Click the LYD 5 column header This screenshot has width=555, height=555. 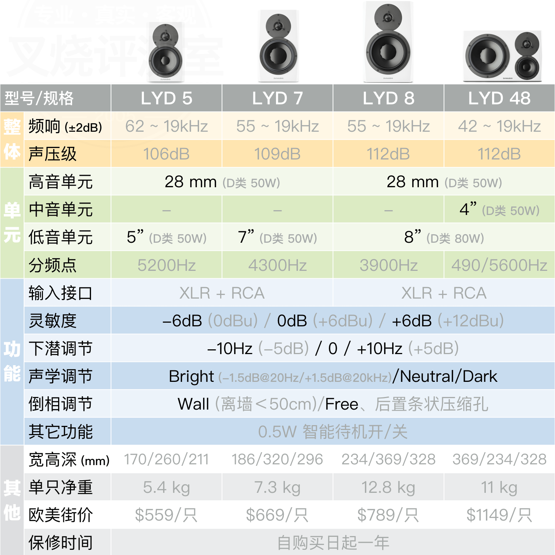point(166,98)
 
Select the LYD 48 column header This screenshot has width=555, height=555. point(499,98)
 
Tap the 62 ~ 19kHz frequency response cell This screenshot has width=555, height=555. point(166,126)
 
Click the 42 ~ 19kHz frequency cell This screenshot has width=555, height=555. point(499,126)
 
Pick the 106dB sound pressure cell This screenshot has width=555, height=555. point(166,154)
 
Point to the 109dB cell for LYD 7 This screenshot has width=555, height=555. point(277,154)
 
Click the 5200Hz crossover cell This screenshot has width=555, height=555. point(166,265)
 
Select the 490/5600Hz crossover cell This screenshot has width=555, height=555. point(499,265)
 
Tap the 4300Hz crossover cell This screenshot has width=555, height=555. point(277,265)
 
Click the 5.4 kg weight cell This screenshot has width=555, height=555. point(166,487)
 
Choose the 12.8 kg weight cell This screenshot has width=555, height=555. point(388,487)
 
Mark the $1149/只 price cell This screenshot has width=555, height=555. point(499,515)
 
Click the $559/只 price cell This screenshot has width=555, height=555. point(166,515)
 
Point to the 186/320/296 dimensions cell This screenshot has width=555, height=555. point(277,460)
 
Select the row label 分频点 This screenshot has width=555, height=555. point(53,265)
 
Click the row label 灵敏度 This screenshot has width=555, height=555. point(53,321)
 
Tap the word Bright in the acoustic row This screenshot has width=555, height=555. point(191,377)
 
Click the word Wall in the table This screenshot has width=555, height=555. point(194,404)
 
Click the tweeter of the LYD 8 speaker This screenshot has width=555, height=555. point(388,17)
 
